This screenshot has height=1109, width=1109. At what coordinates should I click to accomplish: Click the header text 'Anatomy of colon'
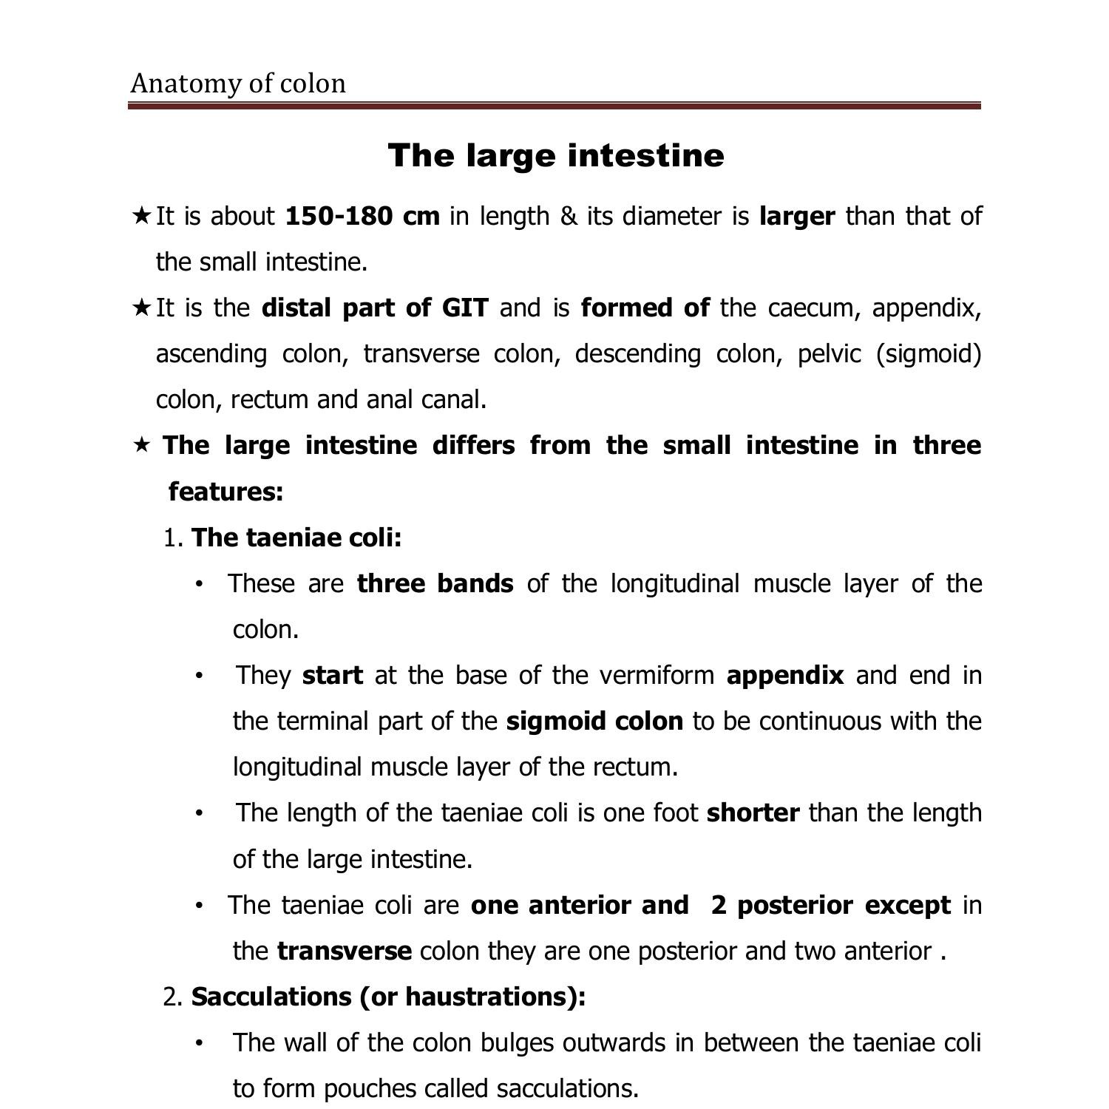(238, 84)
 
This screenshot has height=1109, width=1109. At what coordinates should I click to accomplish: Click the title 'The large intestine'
(555, 155)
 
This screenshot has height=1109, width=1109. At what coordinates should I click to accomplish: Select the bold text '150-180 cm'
(362, 216)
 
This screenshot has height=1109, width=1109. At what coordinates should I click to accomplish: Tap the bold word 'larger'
(797, 216)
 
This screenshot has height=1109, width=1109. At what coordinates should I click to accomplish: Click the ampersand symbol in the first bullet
(569, 216)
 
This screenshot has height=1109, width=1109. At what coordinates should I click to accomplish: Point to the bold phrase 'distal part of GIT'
(375, 308)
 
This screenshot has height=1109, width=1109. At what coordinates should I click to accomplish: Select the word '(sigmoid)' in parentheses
(929, 353)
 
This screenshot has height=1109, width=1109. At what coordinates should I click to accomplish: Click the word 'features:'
(226, 491)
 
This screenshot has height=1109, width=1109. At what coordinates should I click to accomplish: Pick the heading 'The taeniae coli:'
(296, 537)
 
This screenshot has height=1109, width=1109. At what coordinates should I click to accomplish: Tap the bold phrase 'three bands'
(435, 583)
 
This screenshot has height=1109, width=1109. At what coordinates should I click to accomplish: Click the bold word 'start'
(333, 675)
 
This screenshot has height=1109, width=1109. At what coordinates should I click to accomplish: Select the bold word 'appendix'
(785, 675)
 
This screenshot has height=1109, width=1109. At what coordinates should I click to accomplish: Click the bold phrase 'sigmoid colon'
(594, 721)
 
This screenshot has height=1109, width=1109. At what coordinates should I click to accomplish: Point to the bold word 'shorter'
(753, 813)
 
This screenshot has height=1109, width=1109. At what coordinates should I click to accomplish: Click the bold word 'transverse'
(345, 951)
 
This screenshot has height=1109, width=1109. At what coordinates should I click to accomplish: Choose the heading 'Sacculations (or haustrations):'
(388, 997)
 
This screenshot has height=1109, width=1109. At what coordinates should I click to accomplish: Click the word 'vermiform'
(657, 675)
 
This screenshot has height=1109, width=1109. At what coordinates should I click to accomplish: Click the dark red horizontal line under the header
(554, 106)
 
